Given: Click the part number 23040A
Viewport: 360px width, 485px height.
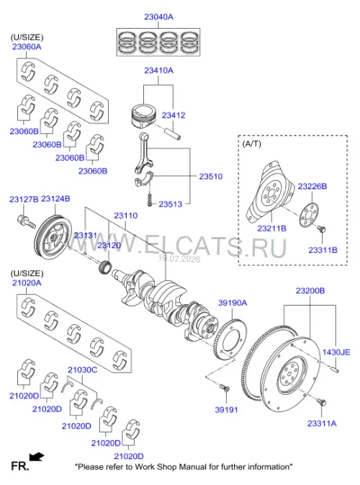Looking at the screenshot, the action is click(158, 17).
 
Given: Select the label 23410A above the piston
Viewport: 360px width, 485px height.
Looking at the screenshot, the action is click(158, 71).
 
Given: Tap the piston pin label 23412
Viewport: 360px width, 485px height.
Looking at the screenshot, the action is click(174, 115).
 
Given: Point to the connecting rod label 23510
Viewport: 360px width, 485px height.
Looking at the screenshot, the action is click(210, 177).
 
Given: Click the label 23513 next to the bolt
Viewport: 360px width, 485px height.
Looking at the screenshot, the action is click(170, 204).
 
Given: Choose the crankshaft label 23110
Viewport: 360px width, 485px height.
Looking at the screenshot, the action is click(125, 215).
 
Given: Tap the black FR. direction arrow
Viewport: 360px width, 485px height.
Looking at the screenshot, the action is click(37, 457).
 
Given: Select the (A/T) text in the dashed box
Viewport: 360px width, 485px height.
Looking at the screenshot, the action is click(251, 143).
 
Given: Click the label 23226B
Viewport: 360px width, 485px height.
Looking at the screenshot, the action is click(312, 186).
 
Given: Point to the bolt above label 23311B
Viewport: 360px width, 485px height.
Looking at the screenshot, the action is click(321, 229).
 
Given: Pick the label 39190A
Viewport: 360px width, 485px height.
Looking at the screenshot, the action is click(233, 303).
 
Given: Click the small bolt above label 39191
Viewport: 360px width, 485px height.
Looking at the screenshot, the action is click(223, 388).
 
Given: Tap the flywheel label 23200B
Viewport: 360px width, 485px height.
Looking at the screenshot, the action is click(310, 290).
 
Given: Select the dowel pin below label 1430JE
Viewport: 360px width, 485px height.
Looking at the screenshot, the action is click(335, 369).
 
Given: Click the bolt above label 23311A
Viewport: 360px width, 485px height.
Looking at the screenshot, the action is click(321, 402).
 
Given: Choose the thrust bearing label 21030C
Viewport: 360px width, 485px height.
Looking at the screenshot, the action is click(83, 370).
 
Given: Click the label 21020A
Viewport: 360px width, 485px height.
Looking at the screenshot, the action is click(27, 282).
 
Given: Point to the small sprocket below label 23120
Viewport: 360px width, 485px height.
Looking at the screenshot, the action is click(104, 267).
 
